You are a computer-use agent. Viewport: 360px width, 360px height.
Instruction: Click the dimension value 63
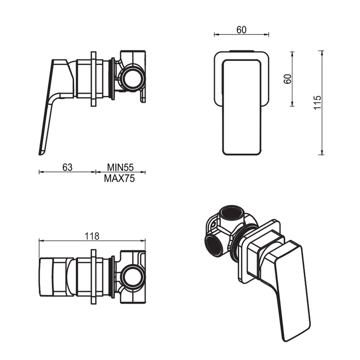click(x=67, y=167)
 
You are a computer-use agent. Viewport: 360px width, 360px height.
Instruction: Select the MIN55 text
click(x=120, y=167)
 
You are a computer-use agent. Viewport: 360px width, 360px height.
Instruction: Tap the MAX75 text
click(x=120, y=179)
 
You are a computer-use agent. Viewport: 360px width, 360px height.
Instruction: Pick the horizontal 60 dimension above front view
click(x=241, y=30)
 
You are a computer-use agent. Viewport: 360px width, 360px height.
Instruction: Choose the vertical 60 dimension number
click(x=287, y=78)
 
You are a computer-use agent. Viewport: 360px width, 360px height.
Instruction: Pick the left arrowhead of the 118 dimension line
click(x=40, y=240)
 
